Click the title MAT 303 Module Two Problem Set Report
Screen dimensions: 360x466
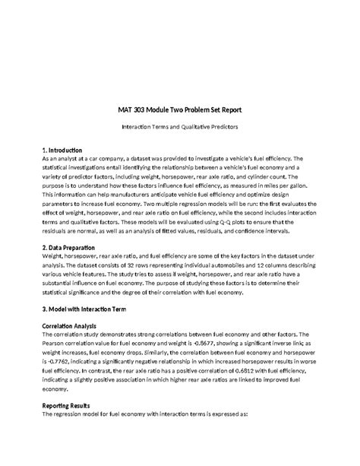click(180, 109)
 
